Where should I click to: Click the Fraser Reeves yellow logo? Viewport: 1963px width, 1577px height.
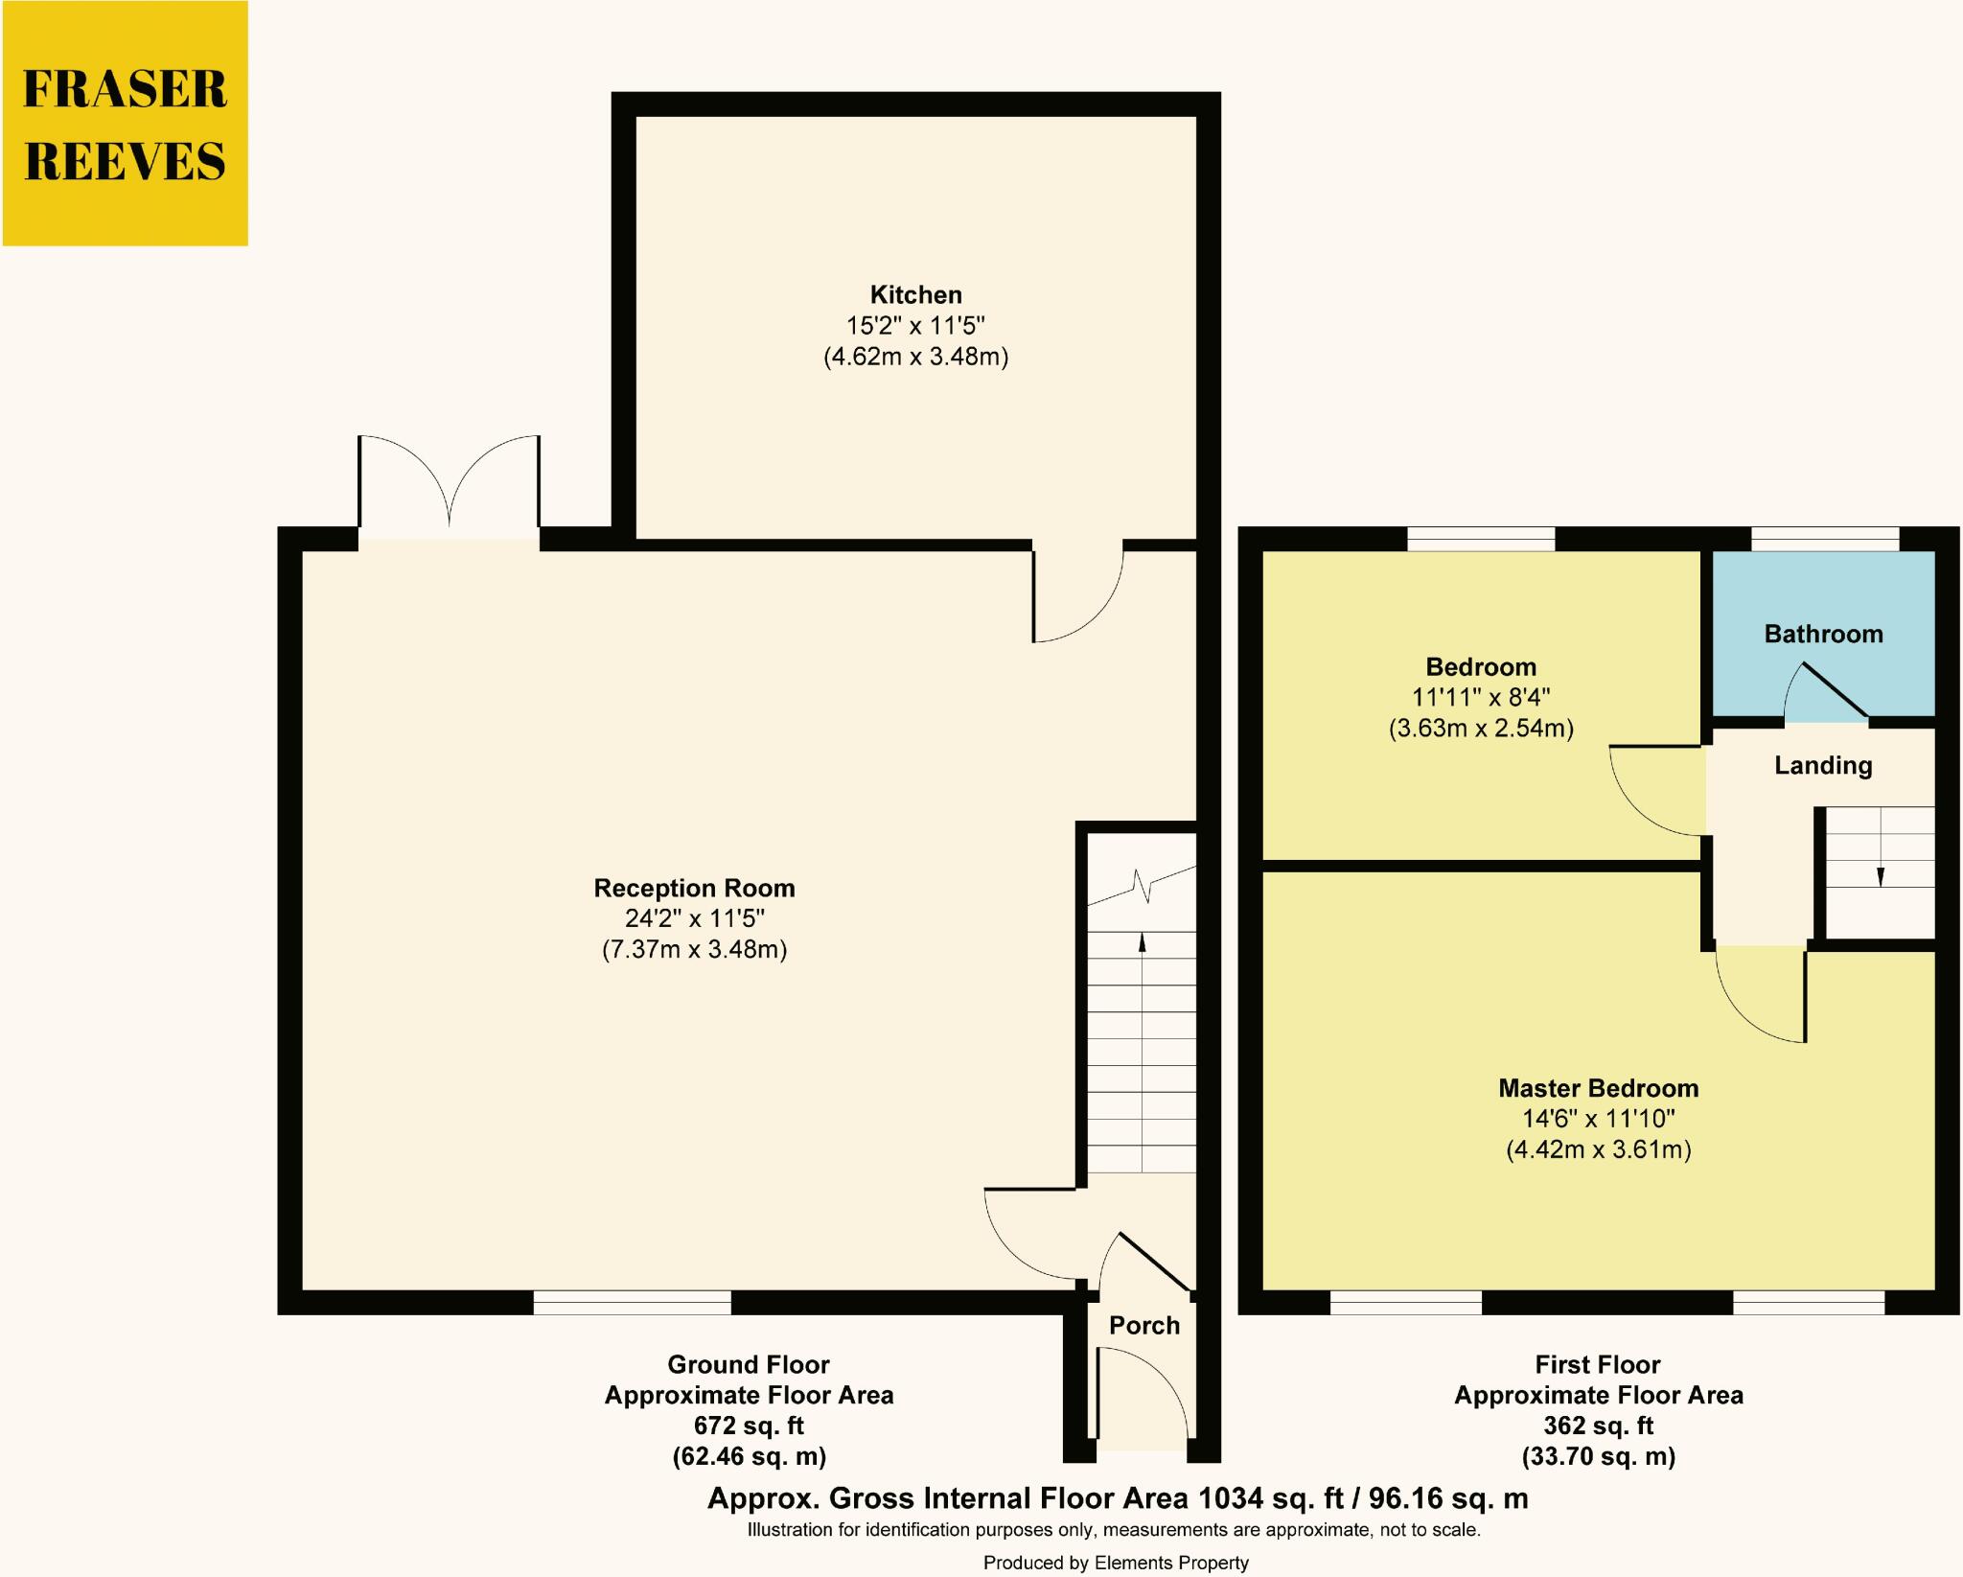point(125,124)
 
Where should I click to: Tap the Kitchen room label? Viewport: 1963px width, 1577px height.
point(915,295)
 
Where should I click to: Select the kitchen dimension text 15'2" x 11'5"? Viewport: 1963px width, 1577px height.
point(915,326)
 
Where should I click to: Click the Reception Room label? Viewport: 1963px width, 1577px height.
point(694,889)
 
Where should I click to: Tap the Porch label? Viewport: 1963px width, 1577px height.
point(1143,1326)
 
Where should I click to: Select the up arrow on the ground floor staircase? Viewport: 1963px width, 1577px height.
point(1142,943)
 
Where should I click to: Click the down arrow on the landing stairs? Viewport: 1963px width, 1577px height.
point(1880,875)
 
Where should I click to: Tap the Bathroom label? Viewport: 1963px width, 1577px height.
point(1823,635)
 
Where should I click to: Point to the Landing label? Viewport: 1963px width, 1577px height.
point(1822,766)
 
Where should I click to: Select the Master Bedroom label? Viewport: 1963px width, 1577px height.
point(1598,1089)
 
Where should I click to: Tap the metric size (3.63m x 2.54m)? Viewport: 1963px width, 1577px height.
point(1481,729)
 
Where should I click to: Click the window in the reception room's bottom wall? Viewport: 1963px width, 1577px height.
point(632,1303)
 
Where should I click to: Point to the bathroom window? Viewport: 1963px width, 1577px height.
point(1824,540)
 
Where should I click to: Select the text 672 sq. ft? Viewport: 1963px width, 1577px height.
point(749,1426)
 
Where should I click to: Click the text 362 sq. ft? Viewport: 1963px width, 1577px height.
point(1598,1426)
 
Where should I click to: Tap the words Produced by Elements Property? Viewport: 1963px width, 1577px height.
point(1116,1564)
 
